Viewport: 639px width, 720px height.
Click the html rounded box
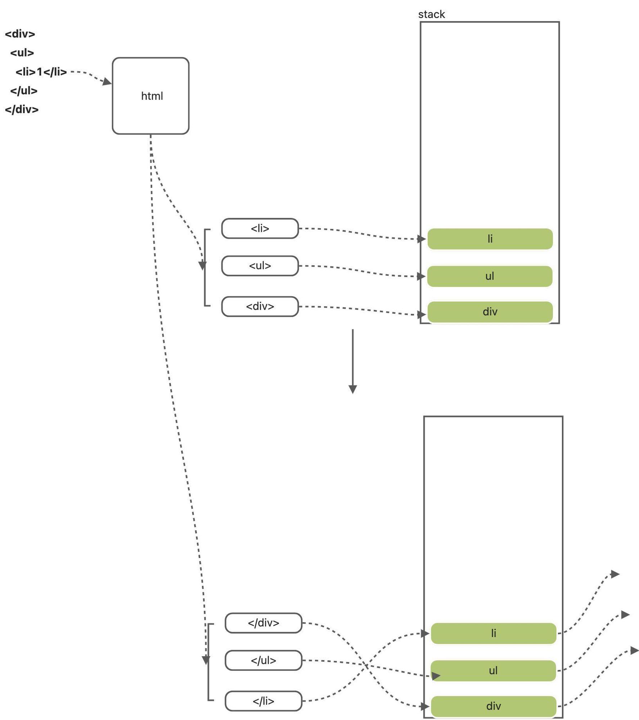click(x=150, y=96)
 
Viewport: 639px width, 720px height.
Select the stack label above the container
click(x=431, y=14)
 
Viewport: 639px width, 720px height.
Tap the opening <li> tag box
click(x=260, y=228)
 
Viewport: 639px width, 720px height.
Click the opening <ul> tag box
click(x=260, y=266)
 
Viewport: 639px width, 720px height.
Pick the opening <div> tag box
click(x=260, y=306)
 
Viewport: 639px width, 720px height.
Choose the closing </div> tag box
click(x=264, y=623)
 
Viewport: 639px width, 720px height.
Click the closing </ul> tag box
click(x=264, y=660)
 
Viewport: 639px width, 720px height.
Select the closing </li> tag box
click(x=264, y=701)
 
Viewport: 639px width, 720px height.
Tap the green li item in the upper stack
click(x=490, y=239)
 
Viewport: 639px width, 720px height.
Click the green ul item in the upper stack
click(x=490, y=276)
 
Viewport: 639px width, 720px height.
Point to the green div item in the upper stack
click(x=490, y=312)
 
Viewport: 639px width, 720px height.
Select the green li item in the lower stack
click(x=494, y=633)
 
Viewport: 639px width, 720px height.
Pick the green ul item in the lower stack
click(x=494, y=671)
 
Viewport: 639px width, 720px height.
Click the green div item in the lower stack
click(x=494, y=706)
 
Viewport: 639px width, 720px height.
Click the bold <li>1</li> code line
click(x=41, y=72)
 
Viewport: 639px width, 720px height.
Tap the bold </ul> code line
click(x=24, y=91)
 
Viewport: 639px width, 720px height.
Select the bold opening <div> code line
click(x=20, y=34)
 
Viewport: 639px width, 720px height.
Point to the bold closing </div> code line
click(x=22, y=109)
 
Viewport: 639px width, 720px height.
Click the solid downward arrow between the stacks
click(x=353, y=361)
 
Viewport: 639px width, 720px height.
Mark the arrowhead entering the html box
click(x=107, y=82)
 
